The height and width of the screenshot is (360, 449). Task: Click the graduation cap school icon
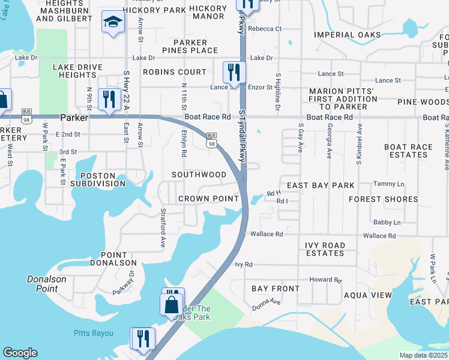[112, 22]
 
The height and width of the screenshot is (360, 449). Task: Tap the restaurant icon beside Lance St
[234, 72]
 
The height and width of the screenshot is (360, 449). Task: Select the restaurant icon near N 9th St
[109, 98]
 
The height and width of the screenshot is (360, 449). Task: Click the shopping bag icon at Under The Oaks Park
[172, 304]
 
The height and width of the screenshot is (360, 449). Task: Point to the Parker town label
[74, 118]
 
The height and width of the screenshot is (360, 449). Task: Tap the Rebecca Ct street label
[265, 29]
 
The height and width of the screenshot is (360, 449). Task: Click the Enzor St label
[261, 88]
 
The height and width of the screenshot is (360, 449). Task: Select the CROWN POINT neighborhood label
[208, 199]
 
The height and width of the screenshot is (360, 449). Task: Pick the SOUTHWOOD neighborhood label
[199, 175]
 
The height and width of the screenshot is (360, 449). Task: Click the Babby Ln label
[387, 222]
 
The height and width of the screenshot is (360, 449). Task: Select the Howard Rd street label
[325, 280]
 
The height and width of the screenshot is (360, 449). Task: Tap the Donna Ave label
[267, 302]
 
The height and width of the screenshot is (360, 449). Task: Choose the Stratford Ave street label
[162, 228]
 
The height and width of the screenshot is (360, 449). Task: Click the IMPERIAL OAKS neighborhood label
[348, 35]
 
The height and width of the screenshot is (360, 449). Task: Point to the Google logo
[20, 353]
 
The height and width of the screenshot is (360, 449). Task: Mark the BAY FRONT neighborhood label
[276, 289]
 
